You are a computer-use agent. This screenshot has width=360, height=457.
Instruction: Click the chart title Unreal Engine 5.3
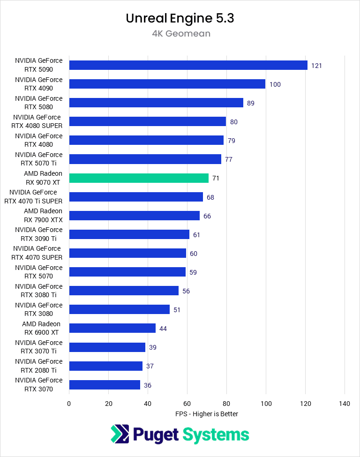[180, 18]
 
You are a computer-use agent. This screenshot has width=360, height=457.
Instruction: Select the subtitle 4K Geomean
[180, 34]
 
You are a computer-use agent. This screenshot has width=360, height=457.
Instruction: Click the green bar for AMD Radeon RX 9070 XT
[139, 178]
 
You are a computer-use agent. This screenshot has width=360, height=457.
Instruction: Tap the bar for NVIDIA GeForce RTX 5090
[188, 65]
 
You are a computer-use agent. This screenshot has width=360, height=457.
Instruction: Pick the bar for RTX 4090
[167, 84]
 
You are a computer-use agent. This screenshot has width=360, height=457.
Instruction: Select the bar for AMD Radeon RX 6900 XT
[112, 328]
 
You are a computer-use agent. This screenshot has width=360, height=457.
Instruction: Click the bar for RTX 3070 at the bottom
[105, 385]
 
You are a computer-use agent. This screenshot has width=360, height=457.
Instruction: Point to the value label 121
[316, 66]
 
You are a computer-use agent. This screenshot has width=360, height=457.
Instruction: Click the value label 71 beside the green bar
[216, 178]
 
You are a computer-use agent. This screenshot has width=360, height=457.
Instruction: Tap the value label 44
[163, 329]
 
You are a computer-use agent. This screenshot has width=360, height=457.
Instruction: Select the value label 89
[250, 103]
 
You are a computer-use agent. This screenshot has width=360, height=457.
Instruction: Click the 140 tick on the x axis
[345, 404]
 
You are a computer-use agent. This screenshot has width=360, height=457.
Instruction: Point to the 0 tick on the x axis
[69, 404]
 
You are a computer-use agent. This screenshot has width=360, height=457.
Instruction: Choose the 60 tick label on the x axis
[187, 404]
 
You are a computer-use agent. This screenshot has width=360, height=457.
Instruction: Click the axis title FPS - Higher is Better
[207, 414]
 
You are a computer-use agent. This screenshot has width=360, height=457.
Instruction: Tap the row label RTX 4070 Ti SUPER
[33, 197]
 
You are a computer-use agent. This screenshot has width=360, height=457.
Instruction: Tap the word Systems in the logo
[216, 435]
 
